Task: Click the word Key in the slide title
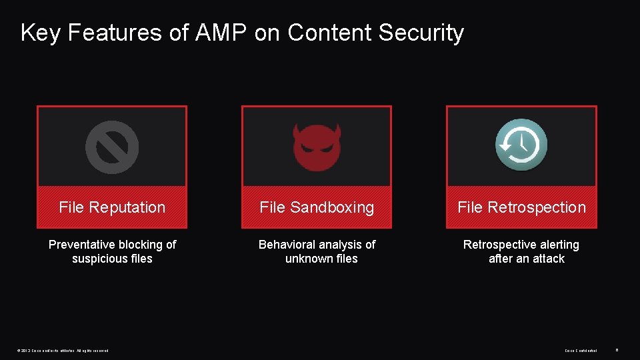coord(40,33)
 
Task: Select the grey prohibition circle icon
coord(112,147)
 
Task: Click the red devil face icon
coord(317,147)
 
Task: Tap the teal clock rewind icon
coord(521,145)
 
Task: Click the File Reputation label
coord(112,207)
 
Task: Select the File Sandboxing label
coord(317,207)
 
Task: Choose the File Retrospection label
coord(521,207)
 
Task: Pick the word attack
coord(549,259)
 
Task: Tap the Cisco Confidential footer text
coord(581,350)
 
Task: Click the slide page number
coord(617,349)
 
